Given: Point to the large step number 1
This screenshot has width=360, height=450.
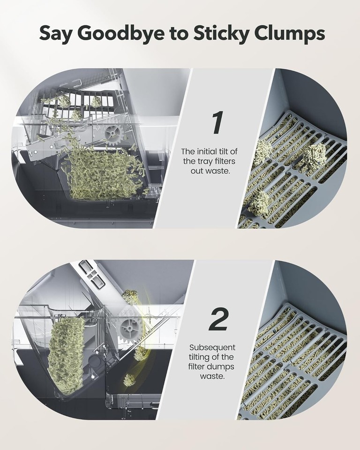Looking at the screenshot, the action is (x=217, y=123).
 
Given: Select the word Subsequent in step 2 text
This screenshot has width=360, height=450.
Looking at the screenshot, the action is (x=212, y=347).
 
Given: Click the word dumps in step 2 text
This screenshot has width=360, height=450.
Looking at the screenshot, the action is (x=222, y=367).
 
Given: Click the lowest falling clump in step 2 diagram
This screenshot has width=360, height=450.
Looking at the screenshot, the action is (x=129, y=379).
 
